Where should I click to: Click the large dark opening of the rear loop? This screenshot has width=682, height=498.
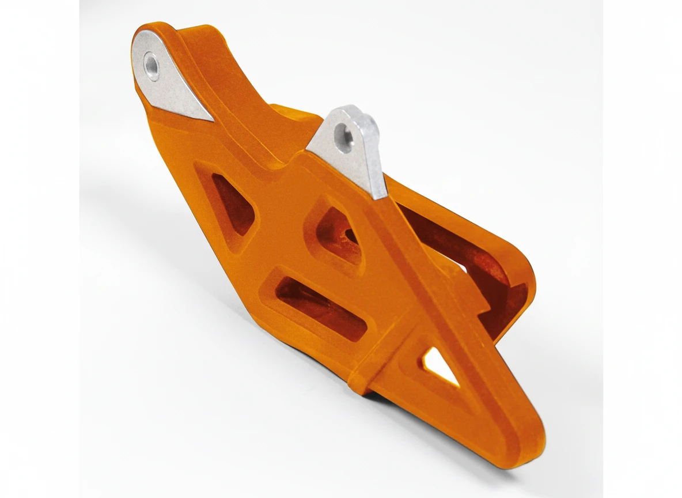pyautogui.click(x=455, y=248)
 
